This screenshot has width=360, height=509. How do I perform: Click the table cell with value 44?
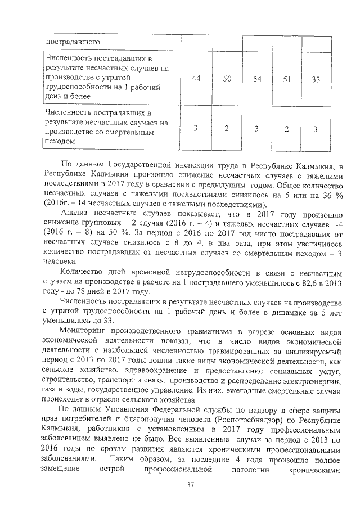pos(196,79)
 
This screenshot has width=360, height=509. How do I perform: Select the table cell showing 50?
pos(227,79)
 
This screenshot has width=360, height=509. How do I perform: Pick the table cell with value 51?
pos(286,79)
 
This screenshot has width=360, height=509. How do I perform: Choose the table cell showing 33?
pos(316,79)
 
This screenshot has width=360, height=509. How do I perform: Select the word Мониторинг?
pos(86,325)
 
